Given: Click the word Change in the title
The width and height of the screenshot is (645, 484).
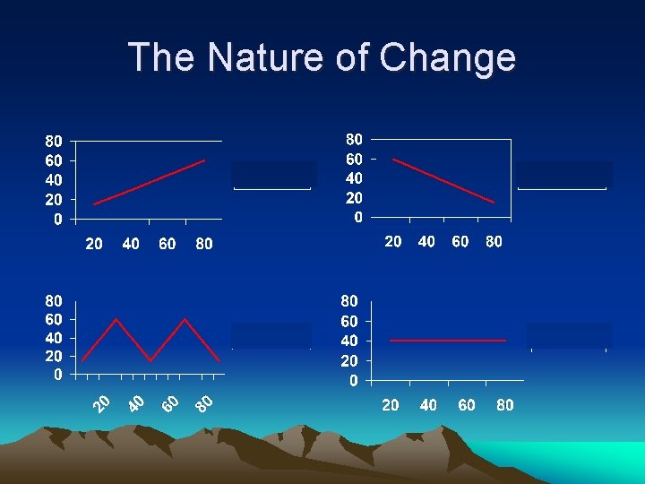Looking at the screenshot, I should click(447, 57).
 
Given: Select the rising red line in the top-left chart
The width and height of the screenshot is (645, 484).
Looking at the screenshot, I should click(150, 182).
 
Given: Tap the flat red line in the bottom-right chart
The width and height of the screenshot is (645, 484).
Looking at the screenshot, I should click(448, 341).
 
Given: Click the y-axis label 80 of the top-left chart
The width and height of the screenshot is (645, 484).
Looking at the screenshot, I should click(55, 141).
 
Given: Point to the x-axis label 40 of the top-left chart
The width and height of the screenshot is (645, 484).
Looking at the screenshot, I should click(131, 244).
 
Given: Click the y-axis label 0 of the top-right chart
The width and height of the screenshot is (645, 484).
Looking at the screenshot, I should click(358, 217).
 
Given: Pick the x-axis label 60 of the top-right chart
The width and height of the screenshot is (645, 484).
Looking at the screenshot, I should click(460, 241).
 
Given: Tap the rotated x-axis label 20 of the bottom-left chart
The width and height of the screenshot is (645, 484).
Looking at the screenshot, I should click(104, 404).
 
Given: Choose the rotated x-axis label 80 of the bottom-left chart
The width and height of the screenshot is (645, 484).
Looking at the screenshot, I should click(205, 404).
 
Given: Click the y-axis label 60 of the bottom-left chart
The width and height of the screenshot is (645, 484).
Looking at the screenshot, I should click(55, 319).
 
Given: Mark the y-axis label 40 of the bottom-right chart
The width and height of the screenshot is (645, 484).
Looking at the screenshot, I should click(349, 341).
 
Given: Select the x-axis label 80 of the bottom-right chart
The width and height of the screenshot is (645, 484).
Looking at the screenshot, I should click(504, 405).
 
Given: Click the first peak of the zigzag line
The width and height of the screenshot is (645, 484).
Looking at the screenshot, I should click(116, 319).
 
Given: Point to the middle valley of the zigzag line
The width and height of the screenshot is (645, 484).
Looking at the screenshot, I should click(150, 361).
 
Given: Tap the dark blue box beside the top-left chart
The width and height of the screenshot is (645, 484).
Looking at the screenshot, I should click(273, 174).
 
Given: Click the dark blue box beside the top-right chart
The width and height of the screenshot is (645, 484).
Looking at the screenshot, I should click(563, 174).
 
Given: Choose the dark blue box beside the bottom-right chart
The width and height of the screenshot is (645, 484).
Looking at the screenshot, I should click(570, 335).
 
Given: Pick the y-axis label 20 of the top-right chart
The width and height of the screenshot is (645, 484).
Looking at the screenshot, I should click(354, 197).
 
